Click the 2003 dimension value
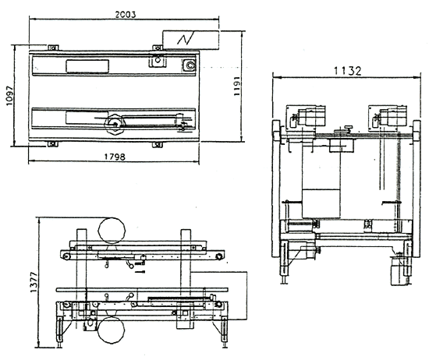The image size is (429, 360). click(x=126, y=15)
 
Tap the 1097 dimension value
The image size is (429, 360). click(x=9, y=96)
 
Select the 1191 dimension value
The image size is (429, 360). click(x=237, y=86)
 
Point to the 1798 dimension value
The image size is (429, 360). click(x=115, y=157)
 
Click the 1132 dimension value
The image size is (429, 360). click(x=347, y=71)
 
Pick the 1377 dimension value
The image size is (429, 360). click(x=34, y=282)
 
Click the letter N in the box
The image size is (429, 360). click(x=186, y=39)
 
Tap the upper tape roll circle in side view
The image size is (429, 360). click(x=112, y=231)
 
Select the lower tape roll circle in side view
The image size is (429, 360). click(x=111, y=330)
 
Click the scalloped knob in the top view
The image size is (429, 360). click(x=115, y=125)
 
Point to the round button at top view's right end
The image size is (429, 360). click(x=190, y=65)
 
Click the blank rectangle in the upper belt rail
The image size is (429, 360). click(x=87, y=66)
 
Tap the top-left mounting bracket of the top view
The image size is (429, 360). click(x=53, y=48)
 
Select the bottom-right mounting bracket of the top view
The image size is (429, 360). click(x=157, y=145)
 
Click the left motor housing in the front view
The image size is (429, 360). click(x=311, y=117)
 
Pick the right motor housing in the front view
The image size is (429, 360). click(x=393, y=117)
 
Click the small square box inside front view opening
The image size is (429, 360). click(x=321, y=203)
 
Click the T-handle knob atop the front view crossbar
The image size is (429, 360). click(x=348, y=128)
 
